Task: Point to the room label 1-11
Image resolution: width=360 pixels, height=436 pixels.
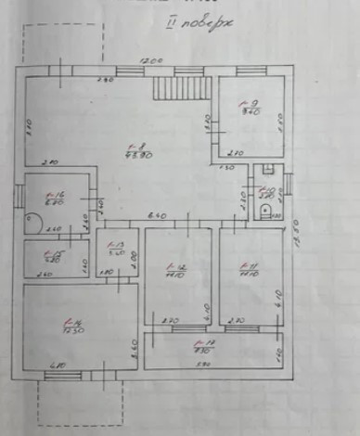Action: (x=248, y=272)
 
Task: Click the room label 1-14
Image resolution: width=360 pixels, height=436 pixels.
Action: (x=73, y=326)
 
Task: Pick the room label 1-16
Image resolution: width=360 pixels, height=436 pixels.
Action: (x=53, y=197)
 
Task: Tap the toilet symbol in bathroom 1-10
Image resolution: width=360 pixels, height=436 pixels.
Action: (x=267, y=212)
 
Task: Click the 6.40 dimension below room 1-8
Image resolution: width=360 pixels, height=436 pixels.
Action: (x=157, y=216)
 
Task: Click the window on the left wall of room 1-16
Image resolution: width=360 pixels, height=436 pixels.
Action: (x=20, y=196)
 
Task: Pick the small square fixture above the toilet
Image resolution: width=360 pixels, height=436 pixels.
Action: (x=266, y=170)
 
